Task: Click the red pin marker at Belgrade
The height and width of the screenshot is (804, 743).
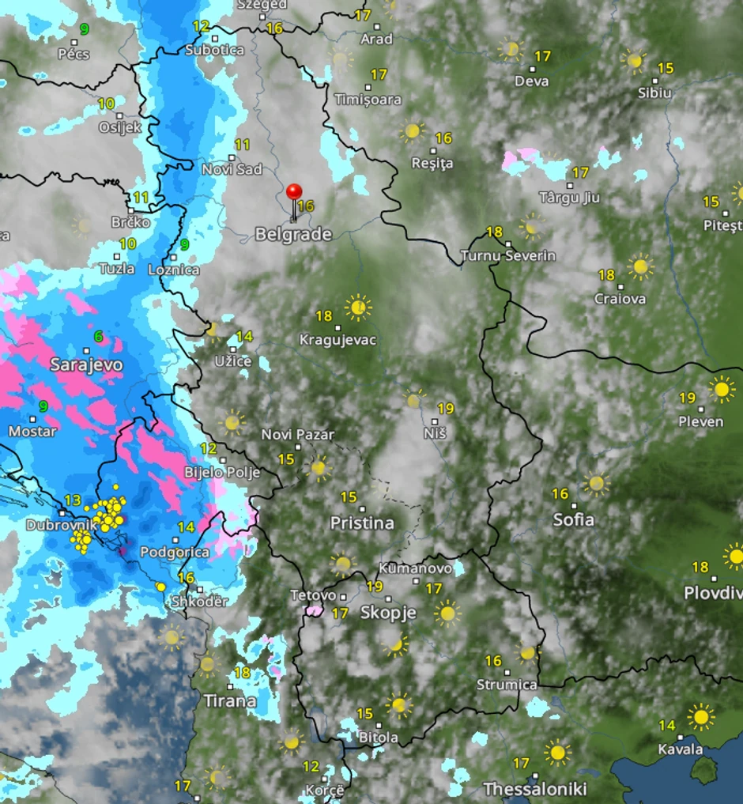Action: click(294, 193)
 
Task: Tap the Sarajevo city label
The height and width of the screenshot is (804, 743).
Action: click(86, 364)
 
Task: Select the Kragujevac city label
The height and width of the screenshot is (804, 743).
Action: click(338, 340)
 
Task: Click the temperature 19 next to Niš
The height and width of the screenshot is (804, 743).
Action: click(446, 409)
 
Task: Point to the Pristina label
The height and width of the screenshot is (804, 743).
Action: click(362, 523)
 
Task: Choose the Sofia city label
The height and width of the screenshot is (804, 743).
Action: click(574, 520)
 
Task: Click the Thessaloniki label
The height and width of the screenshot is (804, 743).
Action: click(535, 789)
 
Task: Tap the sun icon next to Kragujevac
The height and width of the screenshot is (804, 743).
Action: click(358, 308)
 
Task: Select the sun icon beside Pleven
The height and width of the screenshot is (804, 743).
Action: click(721, 389)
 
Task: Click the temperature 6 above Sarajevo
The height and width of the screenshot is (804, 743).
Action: click(98, 337)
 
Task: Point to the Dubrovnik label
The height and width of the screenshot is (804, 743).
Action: click(62, 525)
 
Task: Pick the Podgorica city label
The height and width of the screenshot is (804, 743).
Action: click(175, 552)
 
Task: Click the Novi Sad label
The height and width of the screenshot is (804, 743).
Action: click(232, 169)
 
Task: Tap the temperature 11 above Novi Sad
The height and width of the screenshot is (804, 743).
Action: click(242, 145)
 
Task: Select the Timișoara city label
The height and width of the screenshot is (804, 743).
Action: click(368, 100)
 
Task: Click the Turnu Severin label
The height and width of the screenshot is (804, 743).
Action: click(507, 255)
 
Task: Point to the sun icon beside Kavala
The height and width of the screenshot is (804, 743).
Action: click(700, 717)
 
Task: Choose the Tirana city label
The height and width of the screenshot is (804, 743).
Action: click(230, 700)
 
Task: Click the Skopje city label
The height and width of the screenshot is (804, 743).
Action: click(388, 613)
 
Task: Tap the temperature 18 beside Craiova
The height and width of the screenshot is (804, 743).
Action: click(606, 275)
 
